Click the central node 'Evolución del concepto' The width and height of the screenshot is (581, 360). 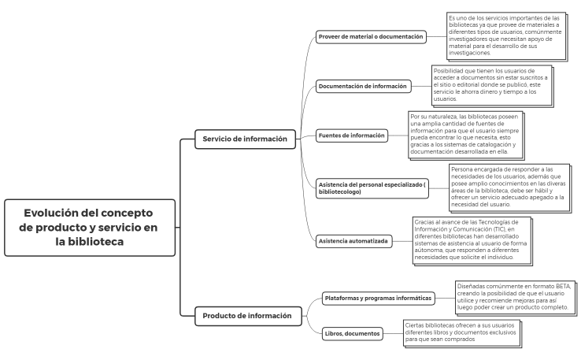tap(90, 227)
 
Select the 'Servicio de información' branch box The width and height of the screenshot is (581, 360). tap(239, 139)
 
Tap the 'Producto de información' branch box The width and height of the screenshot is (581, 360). tap(242, 316)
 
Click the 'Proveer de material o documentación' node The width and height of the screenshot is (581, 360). tap(372, 36)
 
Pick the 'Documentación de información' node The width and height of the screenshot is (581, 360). tap(363, 85)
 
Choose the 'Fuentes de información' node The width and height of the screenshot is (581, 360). tap(352, 135)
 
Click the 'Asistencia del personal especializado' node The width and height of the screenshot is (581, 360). tap(370, 187)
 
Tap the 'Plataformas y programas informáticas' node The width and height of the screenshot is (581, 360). tap(378, 298)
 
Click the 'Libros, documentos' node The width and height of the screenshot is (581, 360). tap(351, 333)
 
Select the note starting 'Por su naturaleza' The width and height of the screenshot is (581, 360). tap(465, 135)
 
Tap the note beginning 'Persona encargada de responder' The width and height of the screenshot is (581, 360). tap(506, 187)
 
